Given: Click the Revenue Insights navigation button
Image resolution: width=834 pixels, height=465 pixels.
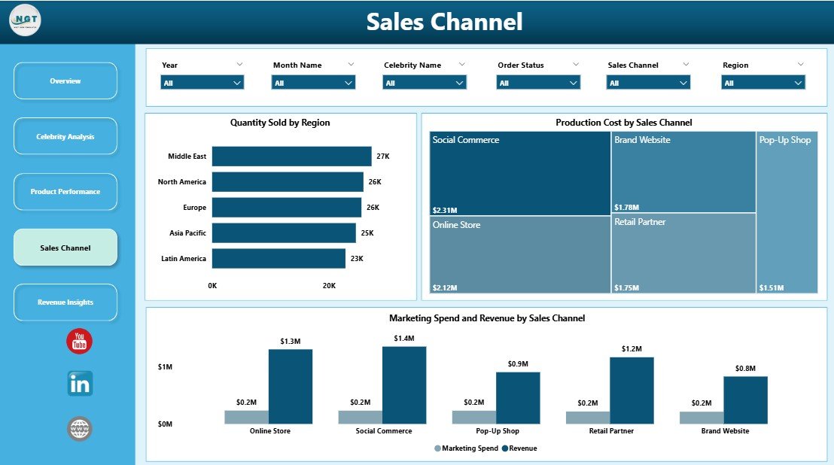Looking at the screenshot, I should (65, 302).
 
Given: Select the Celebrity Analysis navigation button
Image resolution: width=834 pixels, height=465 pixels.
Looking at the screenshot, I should (65, 136).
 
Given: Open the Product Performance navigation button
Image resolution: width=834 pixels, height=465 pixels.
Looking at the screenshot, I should (65, 192).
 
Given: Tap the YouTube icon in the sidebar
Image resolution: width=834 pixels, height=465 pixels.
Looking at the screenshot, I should (79, 341).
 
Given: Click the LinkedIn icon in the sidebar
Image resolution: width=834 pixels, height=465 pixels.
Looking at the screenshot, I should (79, 384).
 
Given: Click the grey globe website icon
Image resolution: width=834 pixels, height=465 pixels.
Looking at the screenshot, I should (79, 429).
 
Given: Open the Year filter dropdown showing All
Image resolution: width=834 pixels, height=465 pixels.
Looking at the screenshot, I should (202, 83).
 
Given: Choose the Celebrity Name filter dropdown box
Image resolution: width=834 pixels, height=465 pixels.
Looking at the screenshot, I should (425, 83).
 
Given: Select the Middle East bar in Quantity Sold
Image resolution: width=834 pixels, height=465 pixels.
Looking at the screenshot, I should (291, 157).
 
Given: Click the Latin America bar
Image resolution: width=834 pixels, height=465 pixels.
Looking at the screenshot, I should (279, 259).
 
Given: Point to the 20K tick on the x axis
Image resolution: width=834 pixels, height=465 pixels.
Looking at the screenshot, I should (329, 286).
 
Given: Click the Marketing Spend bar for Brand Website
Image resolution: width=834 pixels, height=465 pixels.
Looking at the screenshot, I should (702, 418).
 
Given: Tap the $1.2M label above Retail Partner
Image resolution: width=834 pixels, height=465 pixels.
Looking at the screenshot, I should (632, 349).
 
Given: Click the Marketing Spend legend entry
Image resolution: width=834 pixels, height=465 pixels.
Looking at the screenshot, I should (467, 448).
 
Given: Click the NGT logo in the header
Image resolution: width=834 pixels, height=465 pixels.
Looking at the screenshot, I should (26, 20).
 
